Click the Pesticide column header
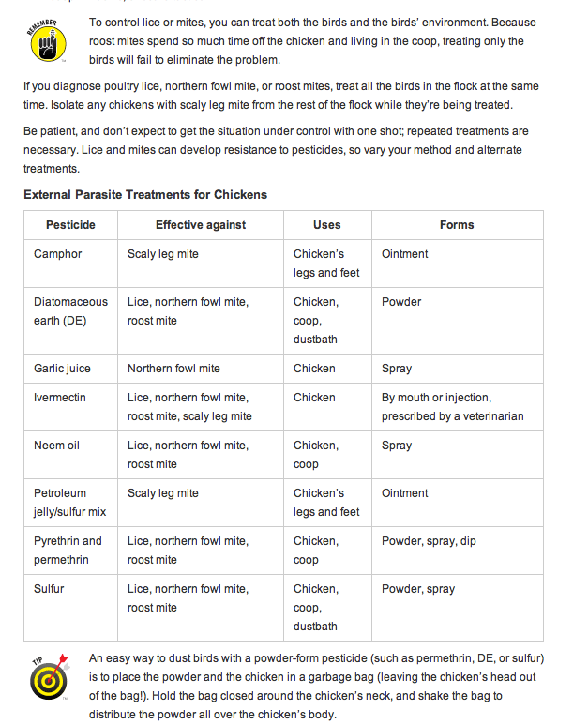pyautogui.click(x=70, y=225)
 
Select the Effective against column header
pyautogui.click(x=201, y=225)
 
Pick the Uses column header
pyautogui.click(x=327, y=225)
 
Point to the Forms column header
pyautogui.click(x=457, y=225)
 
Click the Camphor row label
pyautogui.click(x=58, y=254)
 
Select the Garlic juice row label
pyautogui.click(x=62, y=369)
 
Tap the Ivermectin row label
pyautogui.click(x=60, y=398)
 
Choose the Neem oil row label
pyautogui.click(x=57, y=446)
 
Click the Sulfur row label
pyautogui.click(x=51, y=589)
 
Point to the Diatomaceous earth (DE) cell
pyautogui.click(x=70, y=311)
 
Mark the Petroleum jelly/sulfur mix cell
pyautogui.click(x=69, y=503)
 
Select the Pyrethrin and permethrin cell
pyautogui.click(x=68, y=551)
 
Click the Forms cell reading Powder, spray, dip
pyautogui.click(x=430, y=541)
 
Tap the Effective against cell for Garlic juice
pyautogui.click(x=173, y=369)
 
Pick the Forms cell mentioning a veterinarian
pyautogui.click(x=452, y=407)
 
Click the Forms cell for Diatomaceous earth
pyautogui.click(x=401, y=302)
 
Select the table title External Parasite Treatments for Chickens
pyautogui.click(x=145, y=195)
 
